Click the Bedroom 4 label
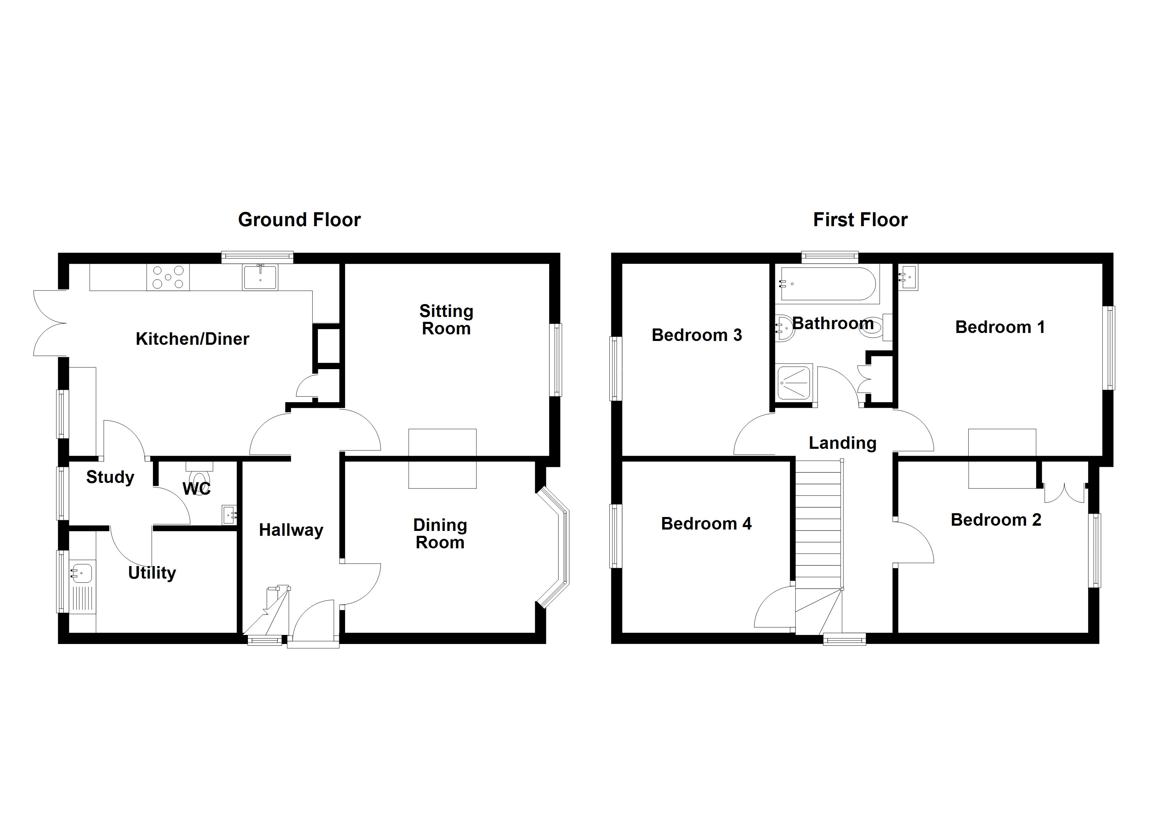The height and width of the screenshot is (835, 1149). point(706,523)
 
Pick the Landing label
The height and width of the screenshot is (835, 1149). point(842,443)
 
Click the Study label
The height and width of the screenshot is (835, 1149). point(110,477)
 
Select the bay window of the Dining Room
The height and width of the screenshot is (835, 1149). point(557,547)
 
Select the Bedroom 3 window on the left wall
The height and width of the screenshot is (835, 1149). point(616,368)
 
